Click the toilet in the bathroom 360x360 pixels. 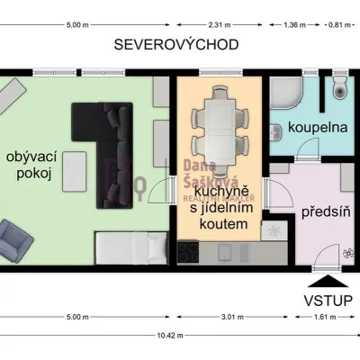pyautogui.click(x=339, y=86)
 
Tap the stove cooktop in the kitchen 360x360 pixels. pyautogui.click(x=188, y=252)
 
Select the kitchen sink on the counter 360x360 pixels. pyautogui.click(x=224, y=252)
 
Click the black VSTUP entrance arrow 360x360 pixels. pyautogui.click(x=328, y=282)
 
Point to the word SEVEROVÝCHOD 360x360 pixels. pyautogui.click(x=176, y=45)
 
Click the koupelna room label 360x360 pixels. pyautogui.click(x=318, y=128)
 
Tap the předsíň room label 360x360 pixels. pyautogui.click(x=326, y=212)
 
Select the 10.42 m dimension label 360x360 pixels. pyautogui.click(x=170, y=336)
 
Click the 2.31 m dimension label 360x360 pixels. pyautogui.click(x=220, y=25)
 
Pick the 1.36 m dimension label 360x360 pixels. pyautogui.click(x=294, y=25)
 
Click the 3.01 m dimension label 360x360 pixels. pyautogui.click(x=232, y=317)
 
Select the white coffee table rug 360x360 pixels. pyautogui.click(x=75, y=172)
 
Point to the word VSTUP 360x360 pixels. pyautogui.click(x=328, y=301)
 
